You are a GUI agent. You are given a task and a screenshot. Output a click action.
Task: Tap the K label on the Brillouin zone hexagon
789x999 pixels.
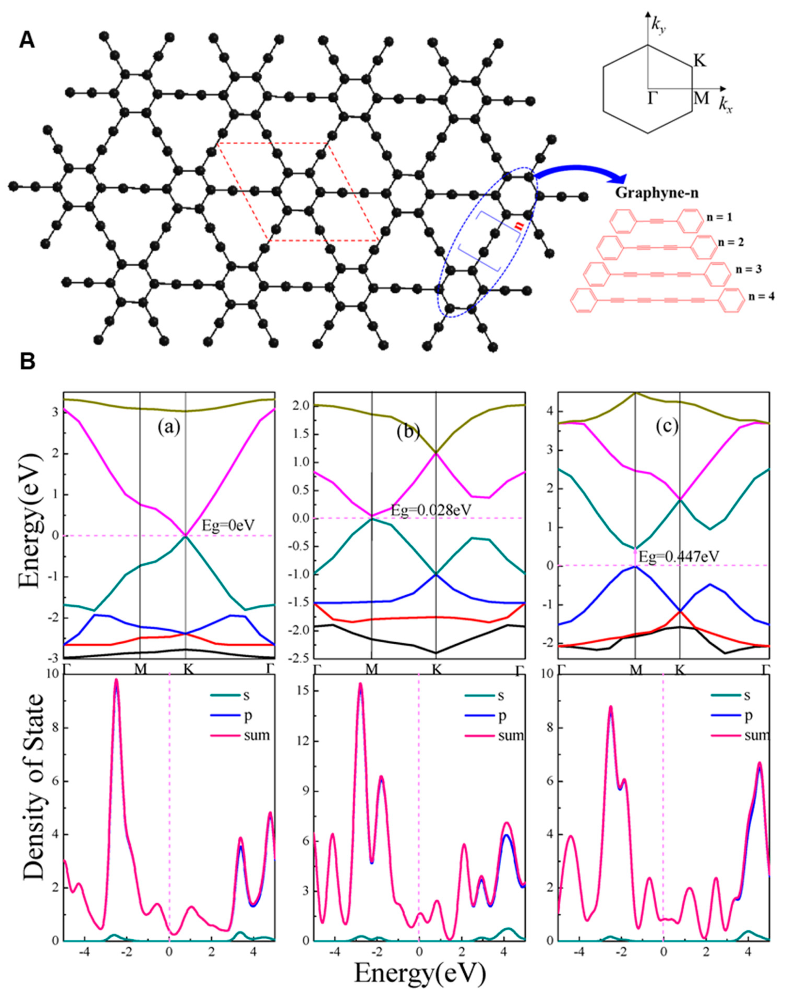pos(700,61)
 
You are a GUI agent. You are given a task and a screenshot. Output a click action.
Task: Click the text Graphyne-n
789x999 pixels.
pos(656,194)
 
